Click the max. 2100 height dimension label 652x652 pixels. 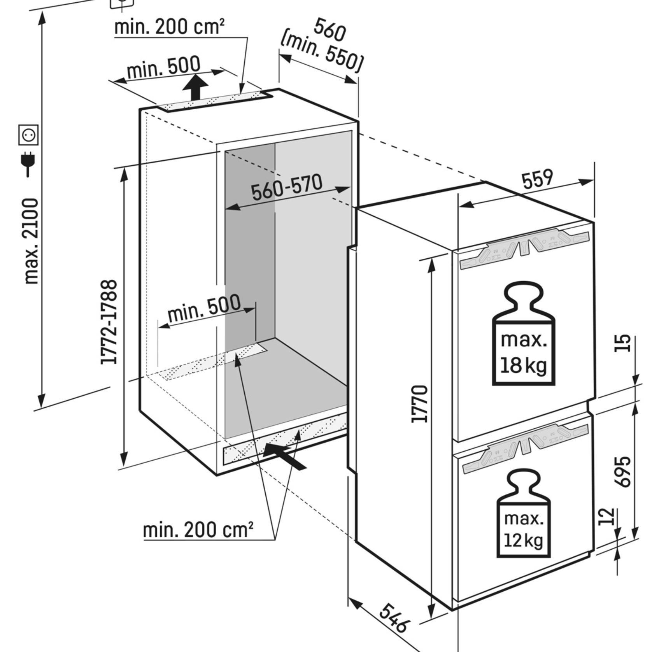31,241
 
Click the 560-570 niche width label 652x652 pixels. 287,188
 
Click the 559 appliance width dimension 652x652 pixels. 537,179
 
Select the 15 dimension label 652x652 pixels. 622,343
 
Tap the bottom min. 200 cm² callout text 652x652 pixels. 198,530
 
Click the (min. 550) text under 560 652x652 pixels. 321,54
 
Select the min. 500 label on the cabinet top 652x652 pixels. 164,68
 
